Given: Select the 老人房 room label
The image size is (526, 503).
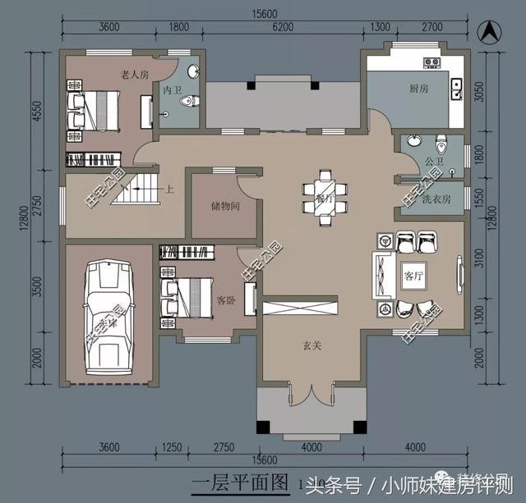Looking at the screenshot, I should [x=134, y=74].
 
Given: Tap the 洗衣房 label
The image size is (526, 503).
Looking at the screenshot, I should [x=435, y=199].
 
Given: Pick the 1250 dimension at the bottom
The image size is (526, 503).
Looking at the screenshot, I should [x=172, y=446].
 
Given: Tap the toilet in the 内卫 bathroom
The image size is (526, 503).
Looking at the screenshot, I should [x=188, y=100].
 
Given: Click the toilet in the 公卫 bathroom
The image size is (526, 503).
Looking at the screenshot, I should [x=441, y=144].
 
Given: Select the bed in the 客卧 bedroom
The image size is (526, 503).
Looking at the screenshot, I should [x=193, y=296].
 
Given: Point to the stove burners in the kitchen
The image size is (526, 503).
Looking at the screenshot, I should [x=432, y=62].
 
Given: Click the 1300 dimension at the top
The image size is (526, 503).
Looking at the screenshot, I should [x=380, y=27].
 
